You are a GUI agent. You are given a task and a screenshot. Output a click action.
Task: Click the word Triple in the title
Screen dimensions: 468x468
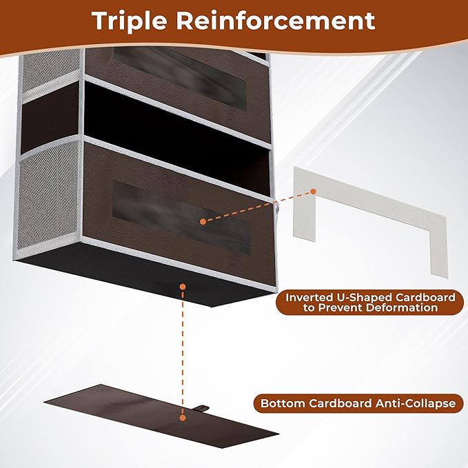[132, 20]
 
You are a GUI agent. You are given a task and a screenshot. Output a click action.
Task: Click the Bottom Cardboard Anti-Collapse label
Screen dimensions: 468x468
[357, 403]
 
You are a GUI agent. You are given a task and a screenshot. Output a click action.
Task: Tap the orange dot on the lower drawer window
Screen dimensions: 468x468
[203, 221]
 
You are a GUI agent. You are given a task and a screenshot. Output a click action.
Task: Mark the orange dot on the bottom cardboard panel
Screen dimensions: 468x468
[182, 416]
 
